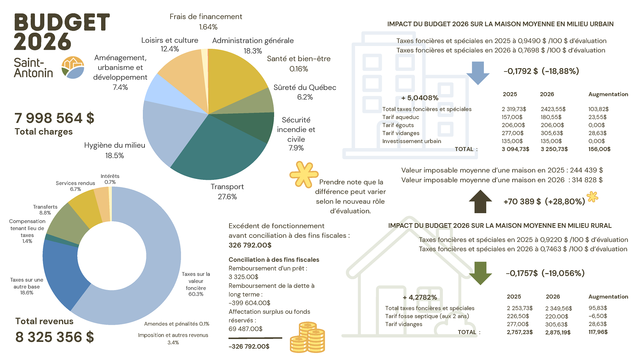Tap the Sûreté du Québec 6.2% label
click(x=304, y=92)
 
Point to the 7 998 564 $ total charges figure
click(x=54, y=118)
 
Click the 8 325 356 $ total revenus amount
click(x=55, y=337)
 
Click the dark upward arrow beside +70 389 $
click(x=480, y=202)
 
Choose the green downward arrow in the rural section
click(x=480, y=273)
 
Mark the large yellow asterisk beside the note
click(x=304, y=174)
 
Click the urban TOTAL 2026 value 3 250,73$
click(x=554, y=149)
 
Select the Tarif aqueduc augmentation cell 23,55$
click(x=597, y=117)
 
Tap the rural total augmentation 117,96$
click(x=598, y=332)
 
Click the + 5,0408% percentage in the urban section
click(x=420, y=98)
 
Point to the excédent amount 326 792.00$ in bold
click(x=250, y=245)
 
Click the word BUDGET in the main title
click(x=62, y=22)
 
